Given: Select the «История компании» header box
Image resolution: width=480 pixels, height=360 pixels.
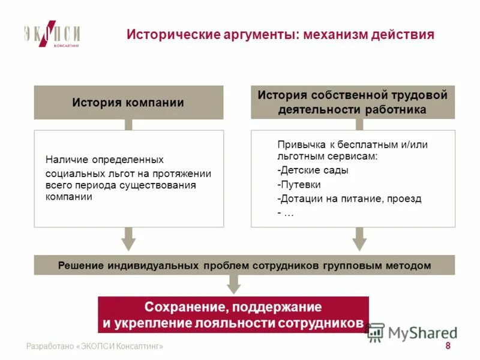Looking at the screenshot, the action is click(128, 103).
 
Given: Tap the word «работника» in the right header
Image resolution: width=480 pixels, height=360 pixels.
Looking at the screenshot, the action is click(397, 110).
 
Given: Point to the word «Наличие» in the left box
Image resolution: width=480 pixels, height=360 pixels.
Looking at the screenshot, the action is click(64, 160).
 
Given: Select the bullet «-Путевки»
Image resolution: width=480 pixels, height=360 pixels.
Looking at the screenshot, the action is click(299, 184).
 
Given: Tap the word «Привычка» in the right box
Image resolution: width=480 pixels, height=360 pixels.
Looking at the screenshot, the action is click(298, 145).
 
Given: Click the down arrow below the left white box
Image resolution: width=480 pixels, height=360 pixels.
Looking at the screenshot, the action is click(128, 239).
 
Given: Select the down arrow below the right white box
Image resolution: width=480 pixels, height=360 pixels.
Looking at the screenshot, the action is click(359, 239).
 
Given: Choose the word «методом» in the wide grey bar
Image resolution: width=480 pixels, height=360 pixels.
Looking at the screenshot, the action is click(410, 265).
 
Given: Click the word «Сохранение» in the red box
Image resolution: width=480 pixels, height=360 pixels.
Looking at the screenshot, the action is click(183, 307).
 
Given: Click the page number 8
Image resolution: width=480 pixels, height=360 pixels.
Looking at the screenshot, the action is click(448, 346).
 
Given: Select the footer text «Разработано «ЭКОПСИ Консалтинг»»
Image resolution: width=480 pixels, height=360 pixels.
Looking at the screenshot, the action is click(95, 347).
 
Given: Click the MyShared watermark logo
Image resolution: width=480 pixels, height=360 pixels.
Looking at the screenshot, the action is click(412, 332).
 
